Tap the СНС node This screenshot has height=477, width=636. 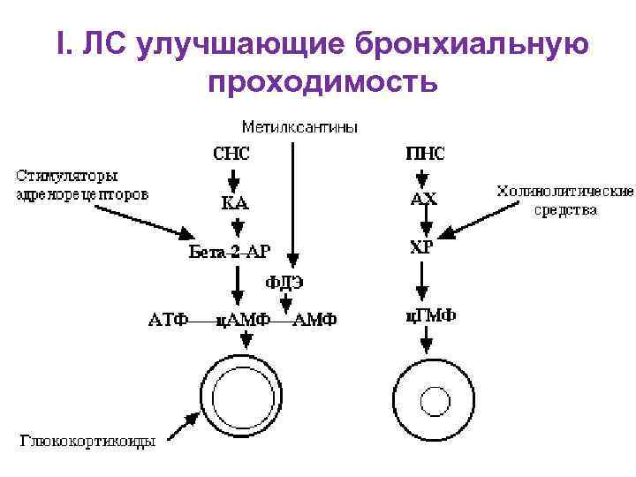pyautogui.click(x=232, y=153)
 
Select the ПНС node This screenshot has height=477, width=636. pyautogui.click(x=424, y=153)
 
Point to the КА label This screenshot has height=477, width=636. pyautogui.click(x=234, y=202)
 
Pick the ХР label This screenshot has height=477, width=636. pyautogui.click(x=421, y=247)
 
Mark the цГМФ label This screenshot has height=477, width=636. pyautogui.click(x=424, y=316)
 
